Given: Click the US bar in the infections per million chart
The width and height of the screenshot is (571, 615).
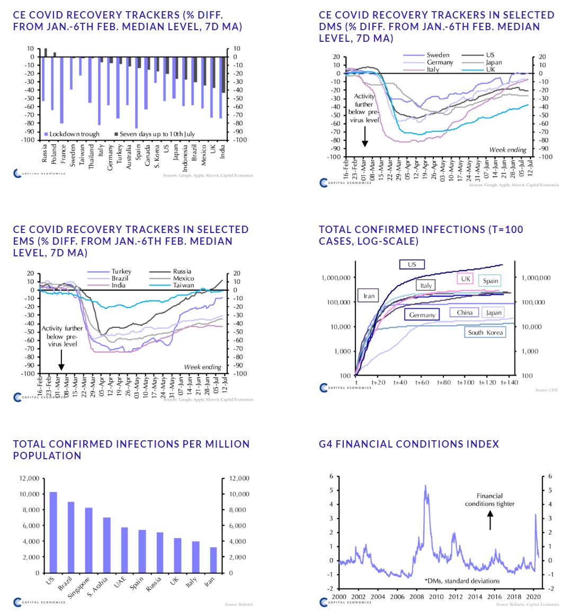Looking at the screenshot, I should (53, 532).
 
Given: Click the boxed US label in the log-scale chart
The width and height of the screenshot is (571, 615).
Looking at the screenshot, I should (412, 264).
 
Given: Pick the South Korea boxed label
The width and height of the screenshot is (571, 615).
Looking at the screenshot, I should (485, 333).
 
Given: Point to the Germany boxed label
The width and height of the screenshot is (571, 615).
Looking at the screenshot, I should (422, 315).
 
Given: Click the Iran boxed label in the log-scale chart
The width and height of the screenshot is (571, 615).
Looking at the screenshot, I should (369, 296).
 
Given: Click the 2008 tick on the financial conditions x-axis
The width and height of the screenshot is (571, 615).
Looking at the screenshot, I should (417, 597).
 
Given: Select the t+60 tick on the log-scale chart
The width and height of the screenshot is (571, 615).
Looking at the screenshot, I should (422, 382).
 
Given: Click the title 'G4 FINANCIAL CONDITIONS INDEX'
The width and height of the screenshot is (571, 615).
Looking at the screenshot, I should (409, 444).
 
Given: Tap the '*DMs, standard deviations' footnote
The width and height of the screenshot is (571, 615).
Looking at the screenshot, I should (462, 581).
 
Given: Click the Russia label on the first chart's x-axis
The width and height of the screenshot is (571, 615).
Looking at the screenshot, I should (44, 153).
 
